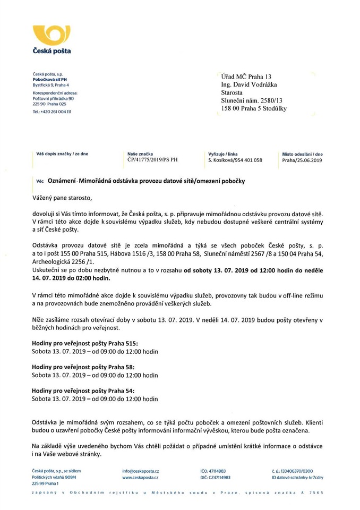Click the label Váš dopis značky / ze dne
[x=62, y=154]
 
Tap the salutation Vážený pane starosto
[x=62, y=198]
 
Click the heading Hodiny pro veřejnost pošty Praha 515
[x=85, y=344]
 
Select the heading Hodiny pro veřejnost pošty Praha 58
[x=83, y=367]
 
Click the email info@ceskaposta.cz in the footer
[x=141, y=471]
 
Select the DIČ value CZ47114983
[x=219, y=478]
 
